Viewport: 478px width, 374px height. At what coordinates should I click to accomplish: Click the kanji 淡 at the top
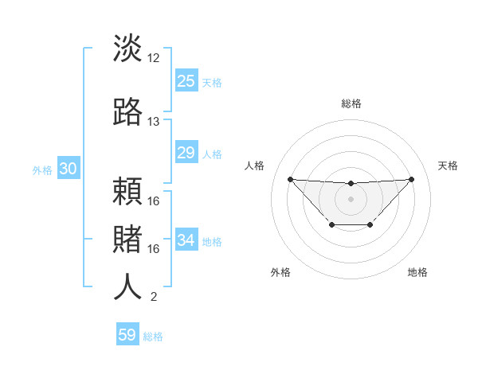(127, 49)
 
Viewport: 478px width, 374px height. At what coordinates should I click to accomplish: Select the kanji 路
(127, 111)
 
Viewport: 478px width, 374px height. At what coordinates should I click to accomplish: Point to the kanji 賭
(127, 238)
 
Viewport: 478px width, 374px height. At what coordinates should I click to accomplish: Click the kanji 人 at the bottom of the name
(127, 286)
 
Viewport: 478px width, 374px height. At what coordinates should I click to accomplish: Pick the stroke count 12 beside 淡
(154, 58)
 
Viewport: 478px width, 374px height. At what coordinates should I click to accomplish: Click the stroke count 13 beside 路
(154, 122)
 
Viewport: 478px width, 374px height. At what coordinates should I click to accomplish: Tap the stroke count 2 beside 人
(154, 297)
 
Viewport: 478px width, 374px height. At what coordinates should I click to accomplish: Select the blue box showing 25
(186, 81)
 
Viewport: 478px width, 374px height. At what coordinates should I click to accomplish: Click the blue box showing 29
(186, 153)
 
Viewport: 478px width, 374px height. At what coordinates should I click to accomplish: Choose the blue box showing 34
(186, 240)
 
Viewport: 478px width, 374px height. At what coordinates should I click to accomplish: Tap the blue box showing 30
(68, 169)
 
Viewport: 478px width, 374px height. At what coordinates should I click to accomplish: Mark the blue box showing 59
(127, 335)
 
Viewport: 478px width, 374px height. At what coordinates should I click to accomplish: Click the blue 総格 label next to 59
(153, 337)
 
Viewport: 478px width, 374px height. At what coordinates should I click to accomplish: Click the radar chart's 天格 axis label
(449, 166)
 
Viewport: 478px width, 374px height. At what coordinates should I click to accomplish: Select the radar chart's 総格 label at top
(351, 103)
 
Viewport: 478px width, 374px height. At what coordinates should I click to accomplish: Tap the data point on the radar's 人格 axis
(290, 179)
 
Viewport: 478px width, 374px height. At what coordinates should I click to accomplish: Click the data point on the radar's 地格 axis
(370, 225)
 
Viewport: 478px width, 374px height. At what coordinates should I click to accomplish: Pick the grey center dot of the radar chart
(351, 198)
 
